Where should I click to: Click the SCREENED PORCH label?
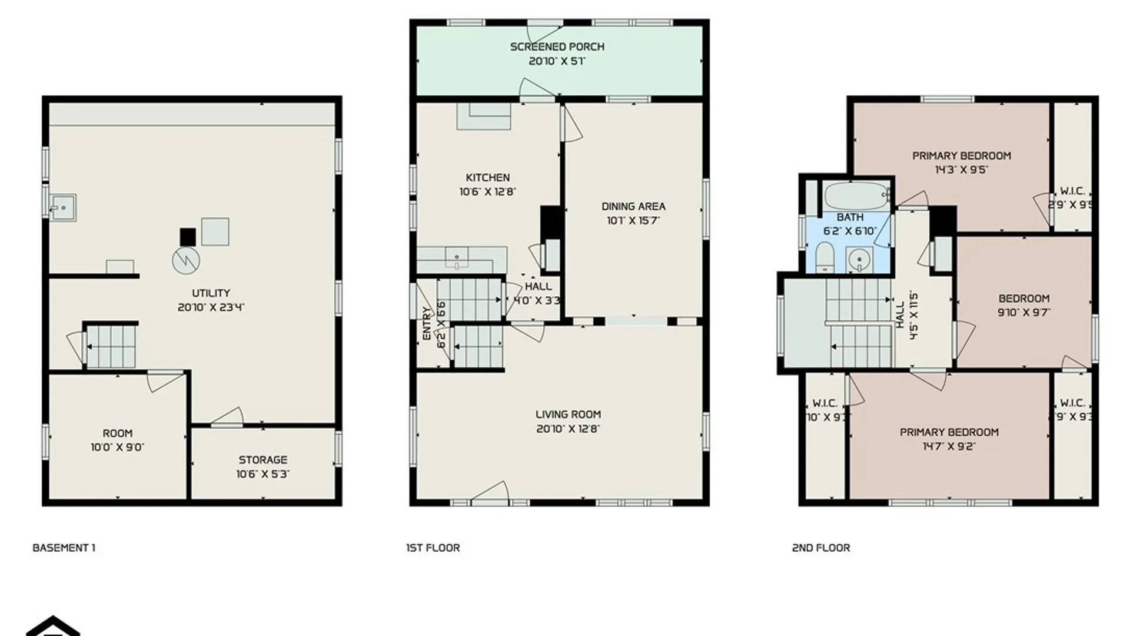557,47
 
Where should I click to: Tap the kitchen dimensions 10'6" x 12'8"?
487,192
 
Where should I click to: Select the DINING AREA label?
633,207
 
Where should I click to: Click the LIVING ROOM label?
568,415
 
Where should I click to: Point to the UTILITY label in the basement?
211,293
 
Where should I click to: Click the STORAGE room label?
262,460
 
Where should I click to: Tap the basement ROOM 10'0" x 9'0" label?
117,440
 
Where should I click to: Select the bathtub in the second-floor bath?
856,196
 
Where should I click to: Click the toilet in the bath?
825,258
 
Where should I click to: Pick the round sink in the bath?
860,259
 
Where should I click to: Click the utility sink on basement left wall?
62,208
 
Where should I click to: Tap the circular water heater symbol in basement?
186,260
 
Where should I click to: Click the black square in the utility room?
188,237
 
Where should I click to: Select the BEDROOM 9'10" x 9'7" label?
1023,305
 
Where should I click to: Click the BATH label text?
850,217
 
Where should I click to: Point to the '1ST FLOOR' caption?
433,548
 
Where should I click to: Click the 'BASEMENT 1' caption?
64,548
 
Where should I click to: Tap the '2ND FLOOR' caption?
820,548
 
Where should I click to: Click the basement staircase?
111,347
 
